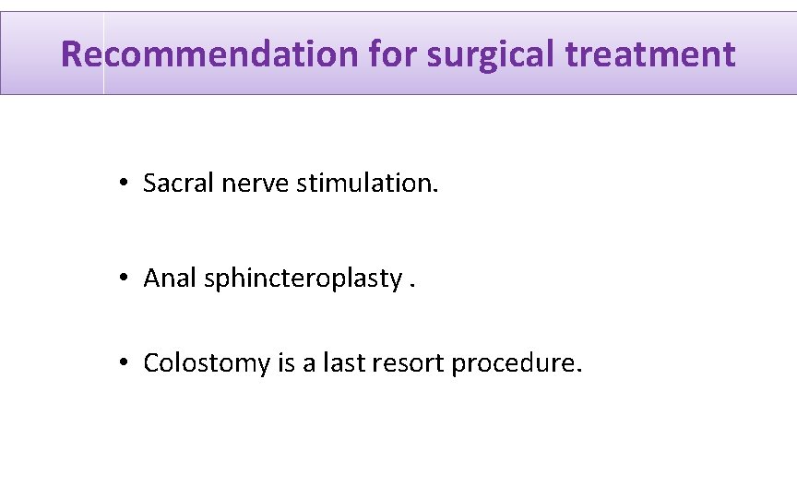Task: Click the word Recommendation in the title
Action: pos(208,54)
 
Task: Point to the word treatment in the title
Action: pos(651,54)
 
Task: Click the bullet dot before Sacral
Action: pos(123,184)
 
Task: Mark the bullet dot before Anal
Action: pos(123,279)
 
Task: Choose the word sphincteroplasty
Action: pos(301,279)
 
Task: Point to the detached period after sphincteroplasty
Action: pos(412,285)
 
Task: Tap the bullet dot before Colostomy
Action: pos(123,364)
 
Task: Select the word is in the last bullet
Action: pos(286,363)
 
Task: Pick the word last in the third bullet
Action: pos(344,363)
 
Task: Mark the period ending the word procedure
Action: pos(579,371)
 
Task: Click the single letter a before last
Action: pos(311,365)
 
